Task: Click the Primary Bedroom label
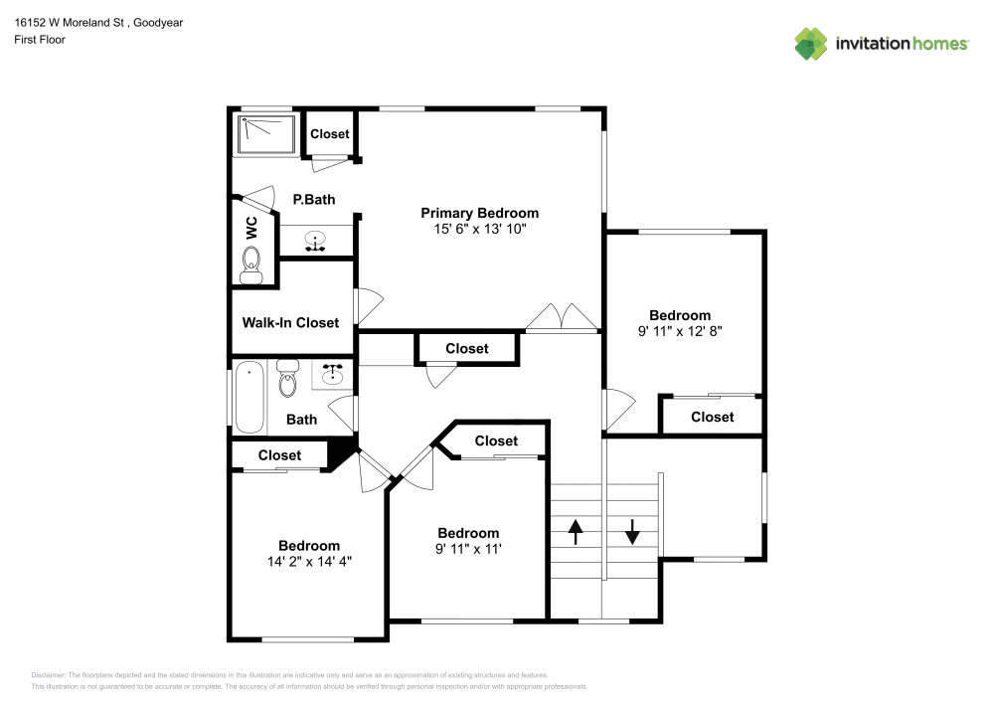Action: pos(479,213)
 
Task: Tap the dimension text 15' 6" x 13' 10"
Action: pos(479,229)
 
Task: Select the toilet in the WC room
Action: pos(251,264)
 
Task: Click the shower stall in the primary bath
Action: pos(266,134)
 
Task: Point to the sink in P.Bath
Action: pos(316,241)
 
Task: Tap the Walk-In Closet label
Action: pos(290,322)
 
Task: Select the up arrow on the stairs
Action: pos(576,531)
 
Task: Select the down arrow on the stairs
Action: pos(632,531)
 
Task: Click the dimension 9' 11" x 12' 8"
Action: pos(680,332)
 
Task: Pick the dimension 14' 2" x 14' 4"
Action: pos(308,561)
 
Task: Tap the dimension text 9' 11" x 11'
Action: pos(467,549)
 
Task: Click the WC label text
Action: pos(251,227)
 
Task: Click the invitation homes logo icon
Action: pos(811,43)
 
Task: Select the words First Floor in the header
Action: pos(40,39)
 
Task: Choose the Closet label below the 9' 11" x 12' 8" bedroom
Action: pos(712,417)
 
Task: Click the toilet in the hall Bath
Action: pos(288,379)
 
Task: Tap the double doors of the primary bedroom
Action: pos(562,317)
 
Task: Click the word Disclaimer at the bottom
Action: pos(49,674)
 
